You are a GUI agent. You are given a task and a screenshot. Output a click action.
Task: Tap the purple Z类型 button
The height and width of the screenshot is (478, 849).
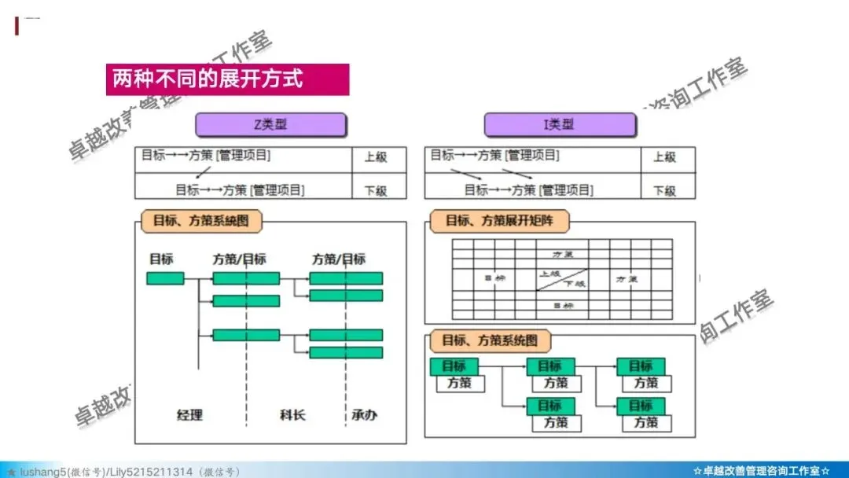pyautogui.click(x=270, y=125)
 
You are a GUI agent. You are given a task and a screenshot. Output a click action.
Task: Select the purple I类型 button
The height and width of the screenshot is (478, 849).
pyautogui.click(x=560, y=125)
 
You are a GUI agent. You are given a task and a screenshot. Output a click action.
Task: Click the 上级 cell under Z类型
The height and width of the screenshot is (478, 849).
pyautogui.click(x=376, y=157)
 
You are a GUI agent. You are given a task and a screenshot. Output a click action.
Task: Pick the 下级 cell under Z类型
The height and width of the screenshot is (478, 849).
pyautogui.click(x=376, y=189)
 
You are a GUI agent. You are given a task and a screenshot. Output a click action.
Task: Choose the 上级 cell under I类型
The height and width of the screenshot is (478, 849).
pyautogui.click(x=665, y=157)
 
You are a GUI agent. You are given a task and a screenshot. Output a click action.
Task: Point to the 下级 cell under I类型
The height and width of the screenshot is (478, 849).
pyautogui.click(x=665, y=189)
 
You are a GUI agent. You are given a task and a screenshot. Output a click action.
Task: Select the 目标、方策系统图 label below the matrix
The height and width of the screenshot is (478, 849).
pyautogui.click(x=490, y=341)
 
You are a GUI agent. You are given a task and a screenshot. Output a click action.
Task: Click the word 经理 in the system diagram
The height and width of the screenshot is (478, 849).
pyautogui.click(x=189, y=414)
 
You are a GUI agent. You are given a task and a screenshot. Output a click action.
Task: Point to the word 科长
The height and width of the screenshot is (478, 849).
pyautogui.click(x=292, y=414)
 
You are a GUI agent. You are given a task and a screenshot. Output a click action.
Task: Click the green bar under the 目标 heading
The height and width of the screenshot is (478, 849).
pyautogui.click(x=165, y=278)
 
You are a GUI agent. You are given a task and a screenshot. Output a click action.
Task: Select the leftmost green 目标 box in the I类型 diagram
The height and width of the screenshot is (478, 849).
pyautogui.click(x=454, y=366)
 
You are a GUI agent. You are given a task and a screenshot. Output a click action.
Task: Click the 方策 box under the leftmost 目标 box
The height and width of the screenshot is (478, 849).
pyautogui.click(x=459, y=384)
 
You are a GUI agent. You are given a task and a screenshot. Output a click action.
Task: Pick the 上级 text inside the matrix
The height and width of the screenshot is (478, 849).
pyautogui.click(x=550, y=274)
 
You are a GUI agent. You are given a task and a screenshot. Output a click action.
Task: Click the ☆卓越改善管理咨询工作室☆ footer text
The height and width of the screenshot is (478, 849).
pyautogui.click(x=761, y=471)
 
